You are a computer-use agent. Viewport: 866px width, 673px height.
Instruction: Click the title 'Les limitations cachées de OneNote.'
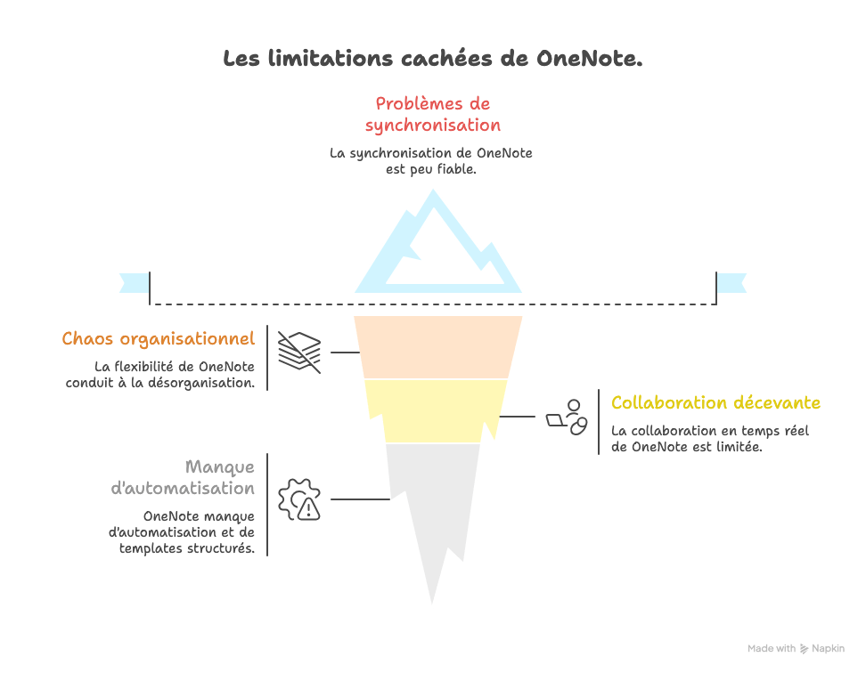pos(432,60)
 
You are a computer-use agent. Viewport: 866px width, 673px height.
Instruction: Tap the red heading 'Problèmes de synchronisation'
pos(432,114)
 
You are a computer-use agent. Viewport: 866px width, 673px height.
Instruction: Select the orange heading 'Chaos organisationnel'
pos(158,339)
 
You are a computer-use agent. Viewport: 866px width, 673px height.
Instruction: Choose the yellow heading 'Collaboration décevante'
pos(715,403)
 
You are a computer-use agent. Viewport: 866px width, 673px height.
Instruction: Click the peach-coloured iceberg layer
pos(437,346)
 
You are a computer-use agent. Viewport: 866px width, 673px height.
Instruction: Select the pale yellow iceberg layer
pos(437,410)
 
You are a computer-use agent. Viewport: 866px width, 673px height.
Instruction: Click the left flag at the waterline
pos(134,282)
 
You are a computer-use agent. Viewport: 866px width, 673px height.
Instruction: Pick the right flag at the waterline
pos(732,282)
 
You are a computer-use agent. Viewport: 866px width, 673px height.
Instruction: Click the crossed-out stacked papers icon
pos(299,352)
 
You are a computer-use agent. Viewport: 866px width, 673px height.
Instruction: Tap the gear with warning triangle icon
pos(299,499)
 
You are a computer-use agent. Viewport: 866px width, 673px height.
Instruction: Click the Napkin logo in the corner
pos(804,649)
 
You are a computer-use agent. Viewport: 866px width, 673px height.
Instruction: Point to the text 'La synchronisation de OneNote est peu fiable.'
pos(431,161)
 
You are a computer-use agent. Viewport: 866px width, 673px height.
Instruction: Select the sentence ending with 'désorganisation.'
pos(161,375)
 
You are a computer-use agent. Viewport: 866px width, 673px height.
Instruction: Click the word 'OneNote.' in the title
pos(590,60)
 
